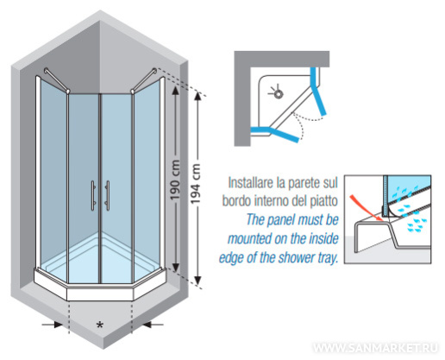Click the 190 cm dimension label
tap(175, 180)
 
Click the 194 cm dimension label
tap(196, 184)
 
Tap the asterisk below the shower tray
tap(99, 325)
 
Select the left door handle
tap(93, 195)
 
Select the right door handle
tap(107, 195)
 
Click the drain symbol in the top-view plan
tap(277, 93)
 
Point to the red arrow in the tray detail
tap(366, 208)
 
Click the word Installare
tap(251, 182)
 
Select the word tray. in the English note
tap(328, 257)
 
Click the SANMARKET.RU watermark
tap(375, 347)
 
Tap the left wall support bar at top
tap(57, 80)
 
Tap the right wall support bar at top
tap(144, 80)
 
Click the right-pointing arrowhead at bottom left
tap(59, 325)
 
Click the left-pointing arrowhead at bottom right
tap(147, 325)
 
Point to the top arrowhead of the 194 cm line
tap(197, 96)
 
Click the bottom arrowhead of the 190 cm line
tap(176, 267)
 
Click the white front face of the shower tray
tap(100, 294)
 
